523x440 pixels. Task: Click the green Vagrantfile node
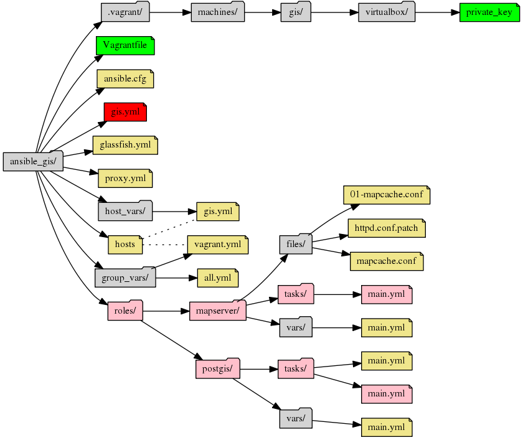tap(125, 46)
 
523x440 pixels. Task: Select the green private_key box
tap(489, 12)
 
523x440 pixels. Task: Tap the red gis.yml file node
tap(125, 112)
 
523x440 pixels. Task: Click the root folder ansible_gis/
tap(33, 162)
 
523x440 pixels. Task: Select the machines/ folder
tap(218, 12)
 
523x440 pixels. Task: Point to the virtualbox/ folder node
tap(387, 12)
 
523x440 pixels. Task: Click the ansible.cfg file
tap(125, 79)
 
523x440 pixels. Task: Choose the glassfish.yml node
tap(125, 145)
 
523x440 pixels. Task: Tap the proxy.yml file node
tap(125, 178)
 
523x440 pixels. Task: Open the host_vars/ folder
tap(125, 211)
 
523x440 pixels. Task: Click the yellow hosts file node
tap(125, 244)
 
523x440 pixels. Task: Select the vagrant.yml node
tap(217, 244)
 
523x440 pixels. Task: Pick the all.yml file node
tap(217, 277)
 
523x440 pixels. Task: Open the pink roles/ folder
tap(125, 310)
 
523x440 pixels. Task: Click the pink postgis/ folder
tap(217, 369)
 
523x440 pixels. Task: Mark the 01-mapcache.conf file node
tap(387, 195)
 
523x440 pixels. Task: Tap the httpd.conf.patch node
tap(387, 228)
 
